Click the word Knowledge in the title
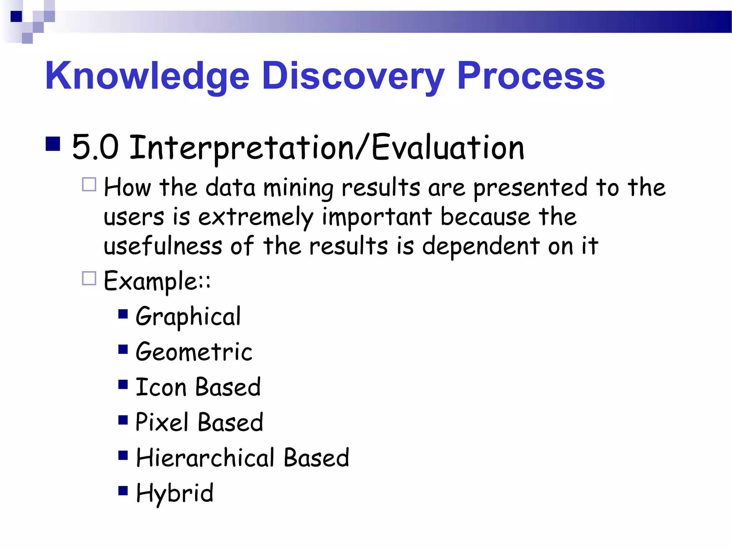tap(147, 76)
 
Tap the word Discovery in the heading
tap(353, 76)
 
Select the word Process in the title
tap(531, 76)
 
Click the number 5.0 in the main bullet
tap(95, 147)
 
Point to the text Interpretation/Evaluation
tap(326, 148)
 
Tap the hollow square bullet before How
tap(89, 185)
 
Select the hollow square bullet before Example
tap(89, 278)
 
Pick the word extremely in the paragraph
tap(256, 217)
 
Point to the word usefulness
tap(163, 246)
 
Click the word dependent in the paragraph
tap(481, 247)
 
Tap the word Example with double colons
tap(157, 281)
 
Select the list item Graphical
tap(188, 317)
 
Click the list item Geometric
tap(194, 352)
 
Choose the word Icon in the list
tap(161, 387)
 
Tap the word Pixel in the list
tap(162, 422)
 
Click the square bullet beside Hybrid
tap(123, 490)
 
